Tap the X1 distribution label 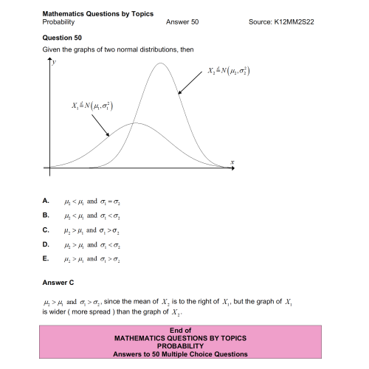pyautogui.click(x=92, y=105)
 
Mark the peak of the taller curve pyautogui.click(x=161, y=63)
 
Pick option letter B pyautogui.click(x=46, y=215)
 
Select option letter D pyautogui.click(x=46, y=244)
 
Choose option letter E pyautogui.click(x=46, y=259)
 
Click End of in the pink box pyautogui.click(x=181, y=330)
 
